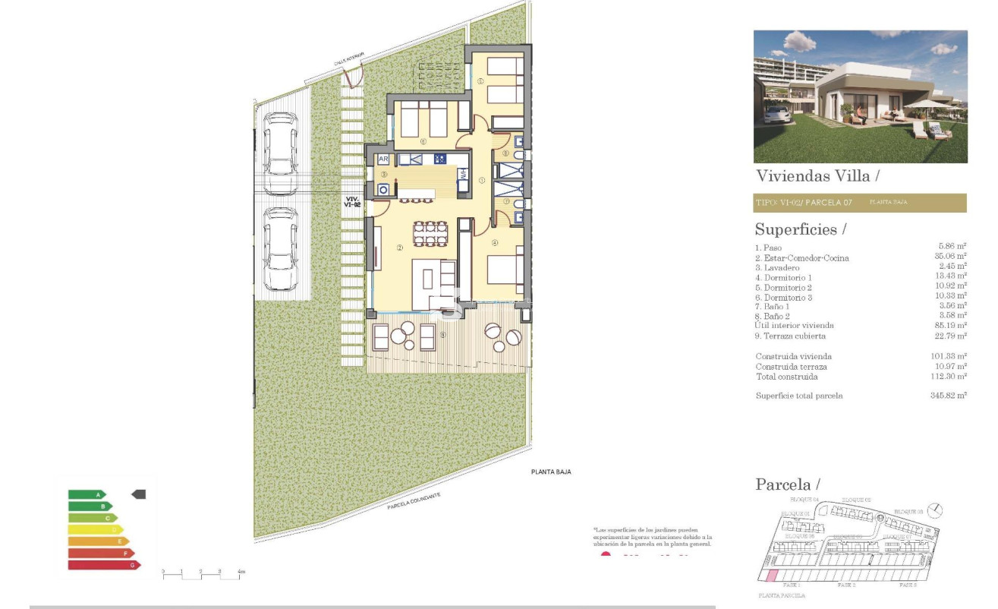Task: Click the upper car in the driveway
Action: click(281, 144)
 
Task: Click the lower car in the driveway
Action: click(281, 249)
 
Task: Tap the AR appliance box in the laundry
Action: click(383, 159)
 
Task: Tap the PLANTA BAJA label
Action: click(550, 472)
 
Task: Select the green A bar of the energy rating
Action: click(87, 494)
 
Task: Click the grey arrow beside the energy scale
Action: click(138, 494)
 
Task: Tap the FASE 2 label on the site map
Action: click(847, 585)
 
